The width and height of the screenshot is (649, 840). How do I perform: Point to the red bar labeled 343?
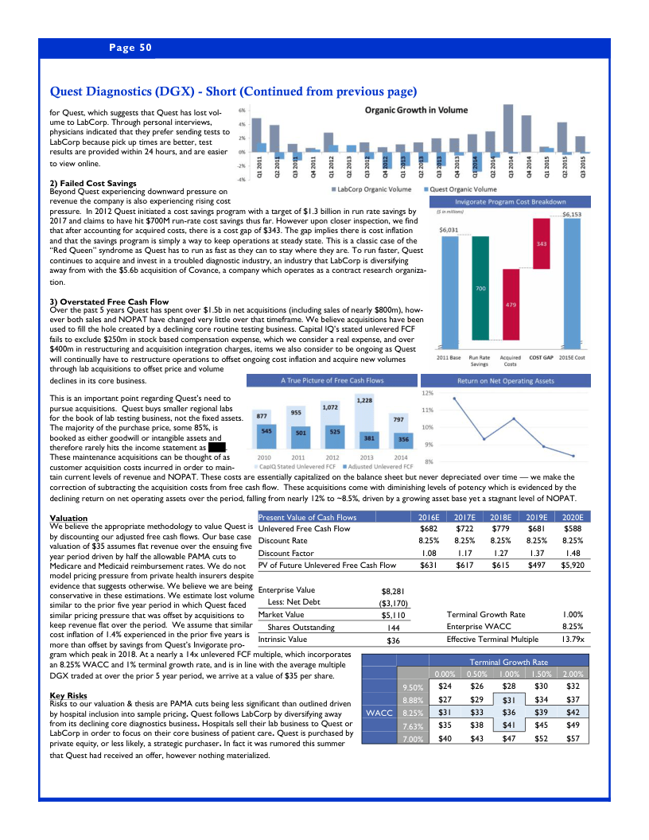point(542,244)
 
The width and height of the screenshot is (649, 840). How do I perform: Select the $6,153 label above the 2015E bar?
point(573,214)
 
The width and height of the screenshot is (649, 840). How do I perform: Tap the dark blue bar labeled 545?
point(266,431)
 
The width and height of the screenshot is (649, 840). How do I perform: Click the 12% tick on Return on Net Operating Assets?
point(427,393)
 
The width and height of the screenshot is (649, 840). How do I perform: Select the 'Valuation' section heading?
point(68,518)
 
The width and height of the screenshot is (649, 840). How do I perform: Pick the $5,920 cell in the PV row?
point(573,566)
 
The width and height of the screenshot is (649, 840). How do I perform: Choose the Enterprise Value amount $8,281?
point(394,591)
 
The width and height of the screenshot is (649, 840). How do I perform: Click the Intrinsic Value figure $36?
point(393,640)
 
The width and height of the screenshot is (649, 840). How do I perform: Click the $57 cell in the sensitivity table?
point(573,738)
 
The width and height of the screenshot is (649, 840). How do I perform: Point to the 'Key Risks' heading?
point(68,695)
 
